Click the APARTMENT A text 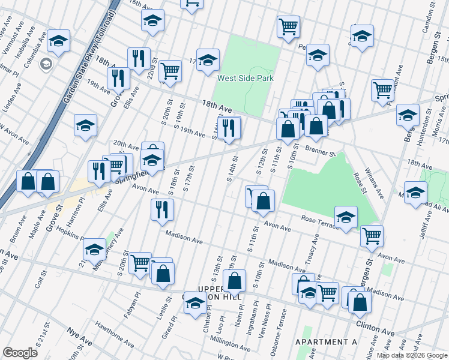click(326, 341)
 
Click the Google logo click(20, 353)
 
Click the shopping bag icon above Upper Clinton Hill click(234, 280)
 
